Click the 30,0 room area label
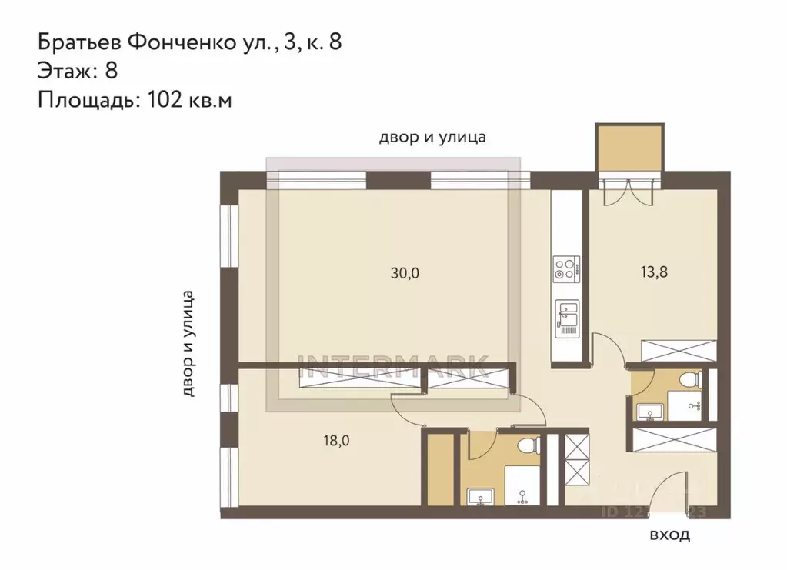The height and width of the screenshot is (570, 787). (x=405, y=272)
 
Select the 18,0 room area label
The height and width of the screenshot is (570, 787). (x=336, y=440)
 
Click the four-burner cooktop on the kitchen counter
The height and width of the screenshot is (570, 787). (x=565, y=269)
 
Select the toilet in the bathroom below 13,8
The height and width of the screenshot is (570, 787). (x=690, y=378)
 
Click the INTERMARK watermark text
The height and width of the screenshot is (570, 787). (x=397, y=364)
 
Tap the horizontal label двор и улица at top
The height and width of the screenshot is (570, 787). (x=432, y=138)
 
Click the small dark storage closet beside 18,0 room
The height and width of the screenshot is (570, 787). (x=441, y=469)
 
